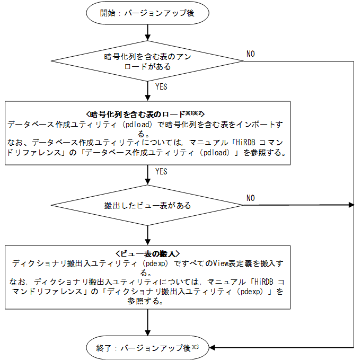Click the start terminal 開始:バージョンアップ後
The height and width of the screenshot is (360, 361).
[147, 14]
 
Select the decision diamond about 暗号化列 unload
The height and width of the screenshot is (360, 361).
[147, 62]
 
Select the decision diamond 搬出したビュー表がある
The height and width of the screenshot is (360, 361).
[147, 205]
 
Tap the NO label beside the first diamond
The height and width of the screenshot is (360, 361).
[250, 54]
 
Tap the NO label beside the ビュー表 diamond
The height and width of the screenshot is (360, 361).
[250, 198]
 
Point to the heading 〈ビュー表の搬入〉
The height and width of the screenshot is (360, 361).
[147, 254]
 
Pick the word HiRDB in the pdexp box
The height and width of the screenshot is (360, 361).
[266, 282]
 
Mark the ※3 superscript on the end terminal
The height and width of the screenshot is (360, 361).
[195, 346]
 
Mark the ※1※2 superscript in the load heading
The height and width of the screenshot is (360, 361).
[192, 113]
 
